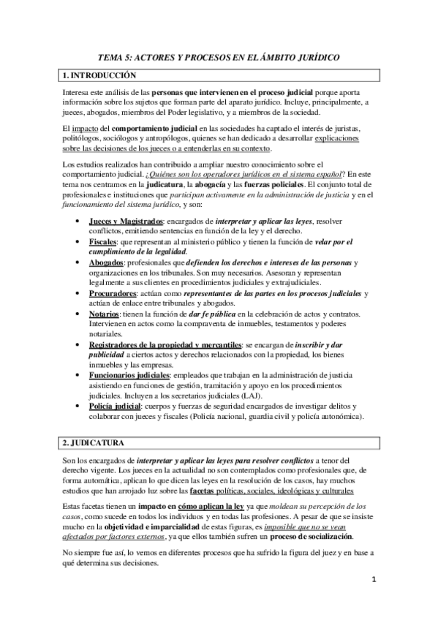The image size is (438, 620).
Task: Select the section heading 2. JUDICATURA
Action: pos(94,443)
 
